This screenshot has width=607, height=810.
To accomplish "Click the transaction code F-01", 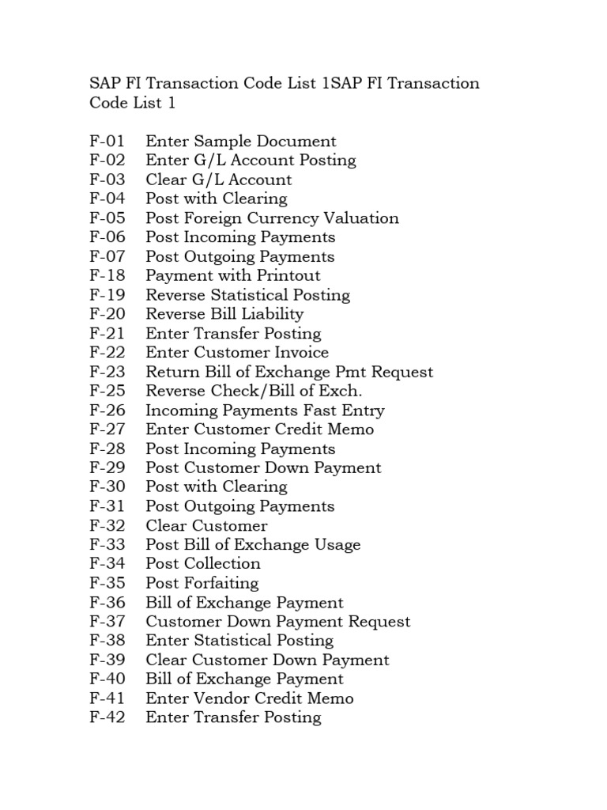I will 107,142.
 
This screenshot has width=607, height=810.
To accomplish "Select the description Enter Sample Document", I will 241,142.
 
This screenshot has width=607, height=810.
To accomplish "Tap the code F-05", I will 107,218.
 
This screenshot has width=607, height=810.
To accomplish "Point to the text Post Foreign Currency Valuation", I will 272,218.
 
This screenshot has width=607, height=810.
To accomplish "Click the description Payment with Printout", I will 233,276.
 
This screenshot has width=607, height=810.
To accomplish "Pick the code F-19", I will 107,295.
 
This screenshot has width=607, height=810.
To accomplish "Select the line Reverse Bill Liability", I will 224,314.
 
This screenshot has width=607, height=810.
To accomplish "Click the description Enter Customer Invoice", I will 237,353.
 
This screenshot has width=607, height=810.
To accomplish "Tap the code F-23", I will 107,372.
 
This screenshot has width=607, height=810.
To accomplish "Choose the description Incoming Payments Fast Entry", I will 265,411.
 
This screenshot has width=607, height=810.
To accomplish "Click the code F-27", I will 107,430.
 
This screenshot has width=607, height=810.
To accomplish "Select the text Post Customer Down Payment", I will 263,467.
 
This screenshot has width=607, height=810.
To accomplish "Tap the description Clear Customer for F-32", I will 206,526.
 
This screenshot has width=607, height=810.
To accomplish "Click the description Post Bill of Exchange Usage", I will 253,545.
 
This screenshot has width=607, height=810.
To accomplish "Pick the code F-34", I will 107,564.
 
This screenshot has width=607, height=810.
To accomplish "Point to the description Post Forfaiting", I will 202,583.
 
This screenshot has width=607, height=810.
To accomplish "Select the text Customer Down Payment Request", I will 278,622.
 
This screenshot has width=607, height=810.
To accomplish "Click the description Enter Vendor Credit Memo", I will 250,698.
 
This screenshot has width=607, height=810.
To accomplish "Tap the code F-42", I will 107,717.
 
